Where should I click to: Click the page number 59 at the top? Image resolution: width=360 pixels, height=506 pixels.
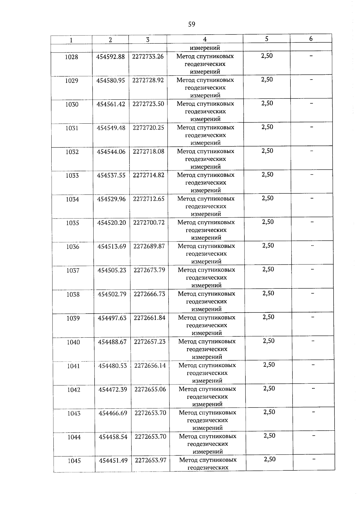pyautogui.click(x=192, y=24)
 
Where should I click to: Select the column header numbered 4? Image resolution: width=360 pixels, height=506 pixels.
pyautogui.click(x=205, y=39)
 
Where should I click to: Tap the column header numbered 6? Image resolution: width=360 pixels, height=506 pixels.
pyautogui.click(x=311, y=39)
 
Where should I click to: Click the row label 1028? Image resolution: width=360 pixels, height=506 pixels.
pyautogui.click(x=71, y=57)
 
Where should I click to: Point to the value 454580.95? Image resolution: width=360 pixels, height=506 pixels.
pyautogui.click(x=110, y=80)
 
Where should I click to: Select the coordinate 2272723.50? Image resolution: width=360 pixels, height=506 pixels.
pyautogui.click(x=148, y=104)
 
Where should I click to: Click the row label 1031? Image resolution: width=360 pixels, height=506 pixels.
pyautogui.click(x=72, y=128)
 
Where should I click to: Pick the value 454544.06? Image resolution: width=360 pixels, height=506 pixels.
pyautogui.click(x=111, y=152)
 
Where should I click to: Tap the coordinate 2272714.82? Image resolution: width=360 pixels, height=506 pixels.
pyautogui.click(x=148, y=175)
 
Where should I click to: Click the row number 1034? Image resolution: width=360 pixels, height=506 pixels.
pyautogui.click(x=72, y=199)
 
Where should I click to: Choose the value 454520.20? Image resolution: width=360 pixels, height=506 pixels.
pyautogui.click(x=111, y=223)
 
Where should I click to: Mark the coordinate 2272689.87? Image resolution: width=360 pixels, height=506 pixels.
pyautogui.click(x=149, y=246)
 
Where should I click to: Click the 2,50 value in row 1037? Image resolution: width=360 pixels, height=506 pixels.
pyautogui.click(x=268, y=269)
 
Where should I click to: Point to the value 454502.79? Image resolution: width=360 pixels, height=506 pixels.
pyautogui.click(x=112, y=294)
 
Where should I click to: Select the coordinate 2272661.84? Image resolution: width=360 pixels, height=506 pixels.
pyautogui.click(x=149, y=318)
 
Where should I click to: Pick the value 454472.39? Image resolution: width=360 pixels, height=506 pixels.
pyautogui.click(x=113, y=389)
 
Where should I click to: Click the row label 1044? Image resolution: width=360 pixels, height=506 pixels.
pyautogui.click(x=74, y=437)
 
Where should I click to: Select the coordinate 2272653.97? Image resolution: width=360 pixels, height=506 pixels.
pyautogui.click(x=151, y=460)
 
